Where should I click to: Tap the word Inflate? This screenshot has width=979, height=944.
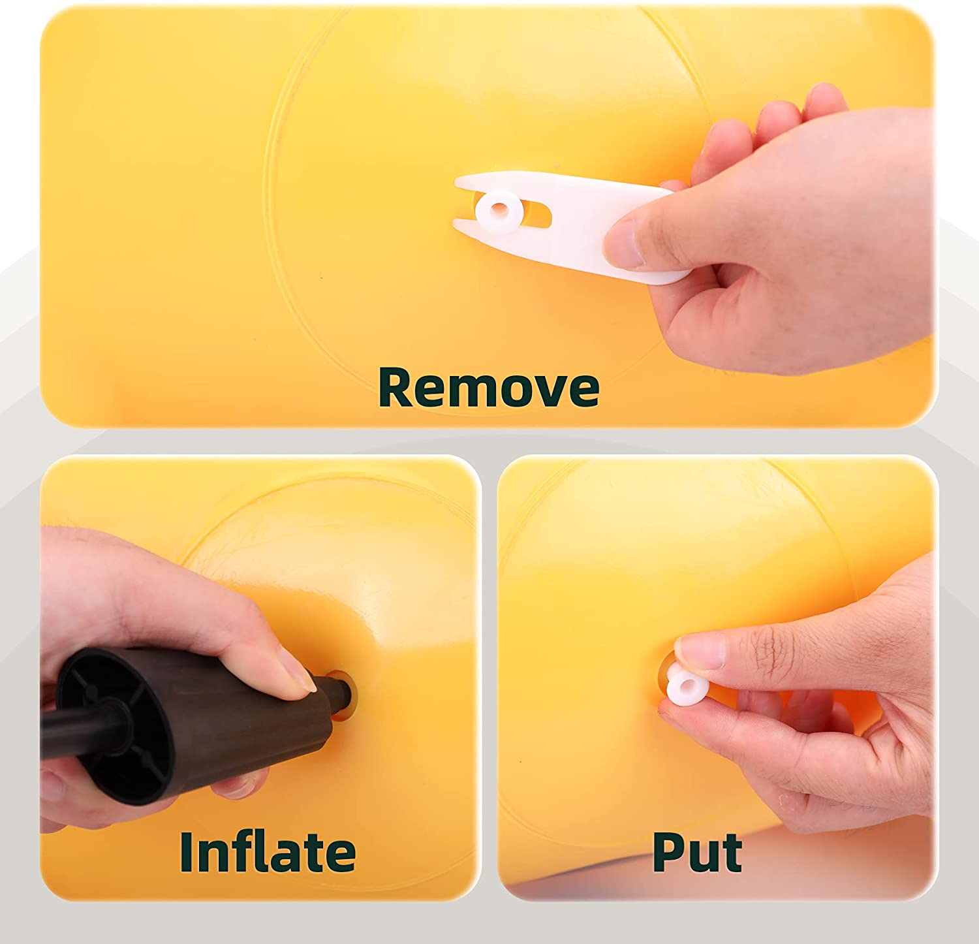pos(268,851)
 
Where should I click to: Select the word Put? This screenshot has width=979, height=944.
pos(697,851)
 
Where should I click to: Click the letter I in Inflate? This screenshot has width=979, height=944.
pos(187,851)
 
